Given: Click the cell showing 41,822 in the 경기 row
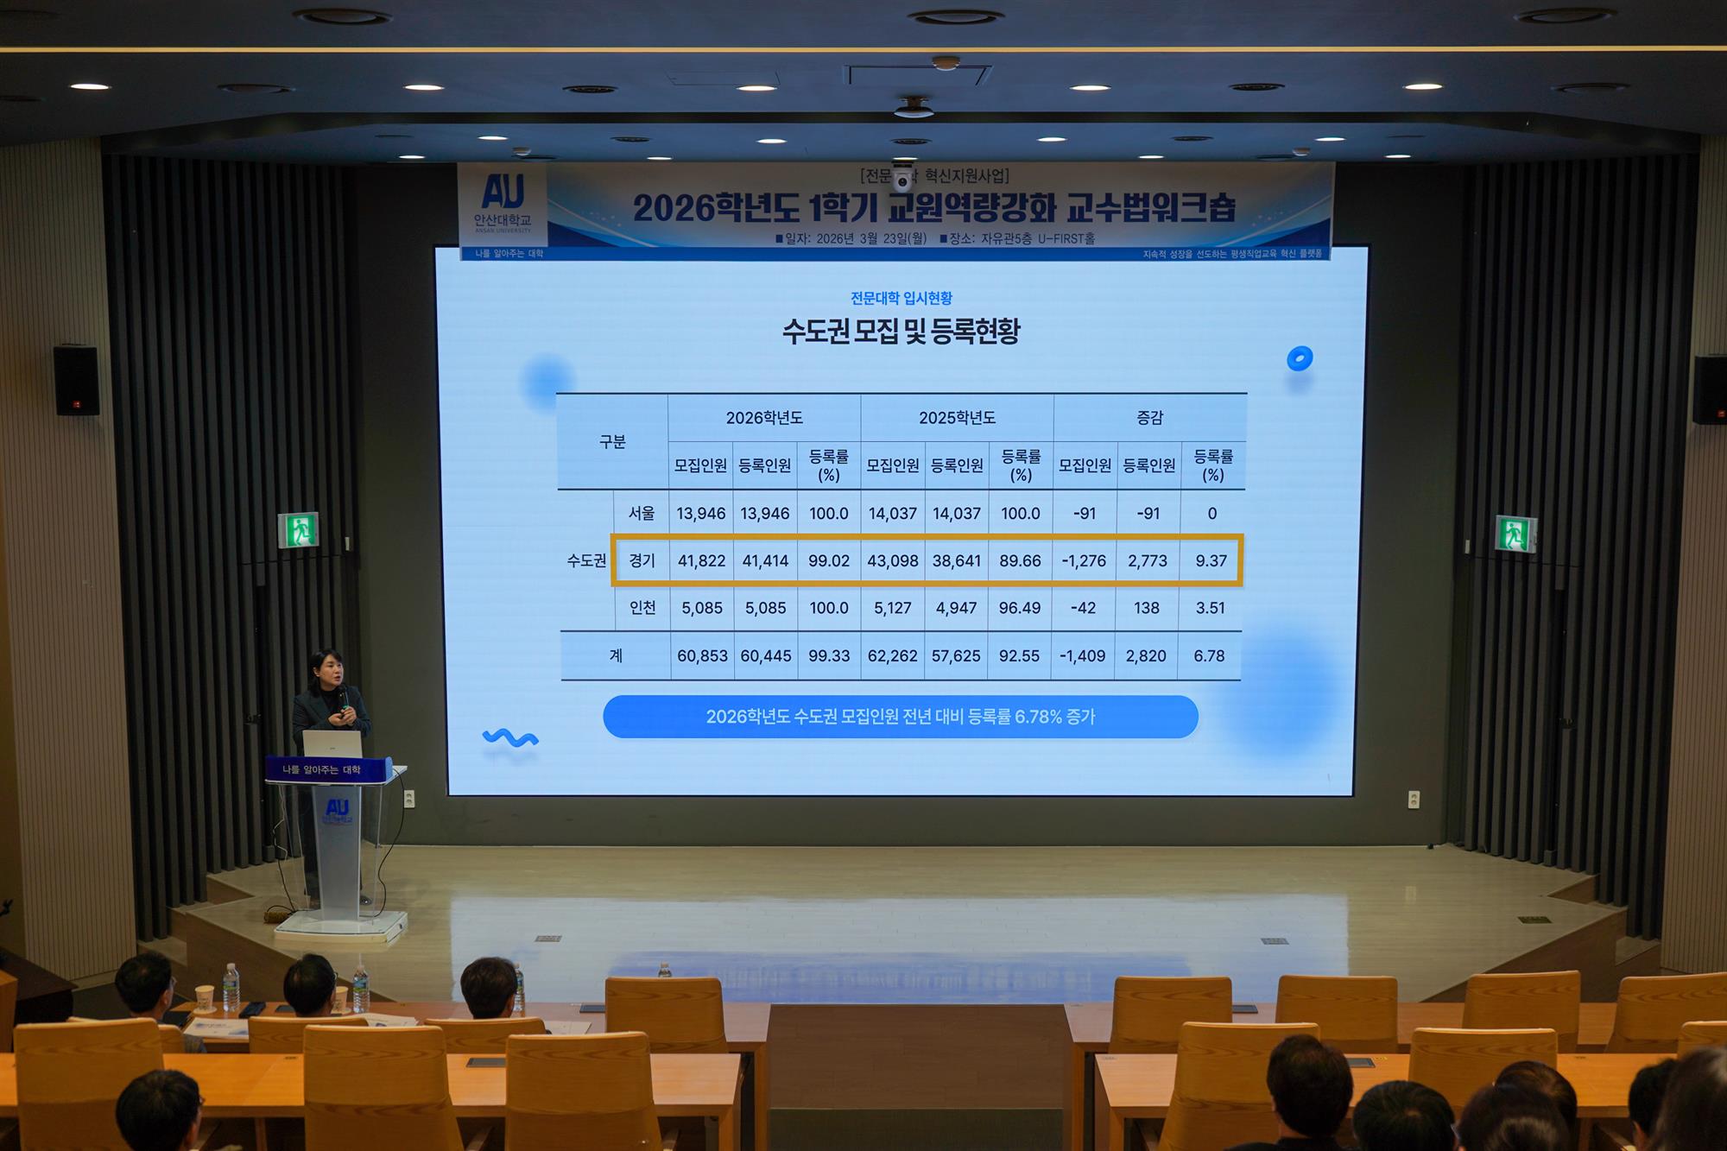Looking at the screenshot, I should pos(701,561).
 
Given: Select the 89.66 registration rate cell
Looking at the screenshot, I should pos(1020,561).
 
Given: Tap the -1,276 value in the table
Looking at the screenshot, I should pos(1084,561).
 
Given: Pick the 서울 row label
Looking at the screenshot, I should pos(642,514).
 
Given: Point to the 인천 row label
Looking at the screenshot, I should pos(642,608).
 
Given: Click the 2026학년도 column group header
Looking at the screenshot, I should pos(764,418).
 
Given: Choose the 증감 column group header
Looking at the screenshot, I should pos(1149,418).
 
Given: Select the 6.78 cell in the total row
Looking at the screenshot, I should pos(1209,656).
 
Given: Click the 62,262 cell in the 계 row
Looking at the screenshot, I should pos(892,656).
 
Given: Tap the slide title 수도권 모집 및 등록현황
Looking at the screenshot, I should pos(901,332).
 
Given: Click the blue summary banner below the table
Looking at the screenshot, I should pos(900,717).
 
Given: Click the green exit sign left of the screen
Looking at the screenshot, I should pos(298,530).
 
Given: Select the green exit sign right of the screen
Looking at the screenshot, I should pos(1515,534).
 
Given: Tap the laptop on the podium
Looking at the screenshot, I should pos(332,743).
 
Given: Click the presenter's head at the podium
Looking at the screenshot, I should pos(327,667).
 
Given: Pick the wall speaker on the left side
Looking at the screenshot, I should pos(76,380).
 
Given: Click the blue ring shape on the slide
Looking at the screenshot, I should pos(1299,358).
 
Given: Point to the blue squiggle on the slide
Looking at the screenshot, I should pos(510,738).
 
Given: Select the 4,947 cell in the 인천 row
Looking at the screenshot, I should pos(956,608).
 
